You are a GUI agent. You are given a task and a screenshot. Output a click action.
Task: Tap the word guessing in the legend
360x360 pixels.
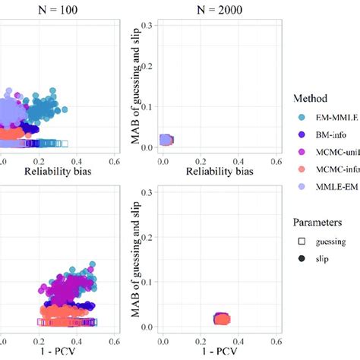pos(330,242)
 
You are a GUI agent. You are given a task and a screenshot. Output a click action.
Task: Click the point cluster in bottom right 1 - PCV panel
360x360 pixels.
pos(242,320)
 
